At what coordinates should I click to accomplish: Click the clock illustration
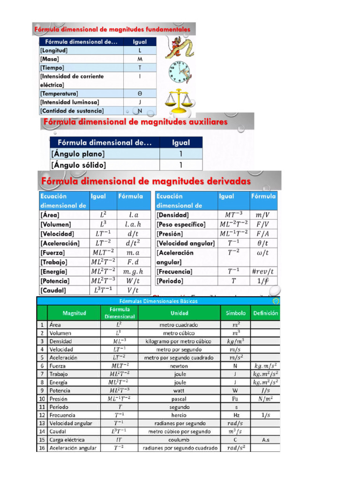tap(180, 72)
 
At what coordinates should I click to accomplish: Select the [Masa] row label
tap(49, 60)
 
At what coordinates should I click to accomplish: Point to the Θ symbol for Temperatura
tap(140, 93)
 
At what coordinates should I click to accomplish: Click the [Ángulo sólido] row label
tap(78, 165)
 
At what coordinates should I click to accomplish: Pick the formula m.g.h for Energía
tap(133, 271)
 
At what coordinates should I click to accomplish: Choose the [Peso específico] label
tap(181, 225)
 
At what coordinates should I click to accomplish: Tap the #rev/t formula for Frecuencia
tap(262, 271)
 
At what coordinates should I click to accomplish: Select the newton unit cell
tap(179, 366)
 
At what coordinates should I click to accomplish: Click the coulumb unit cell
tap(179, 440)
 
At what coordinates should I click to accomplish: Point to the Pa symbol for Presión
tap(235, 398)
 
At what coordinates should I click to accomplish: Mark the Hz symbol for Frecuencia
tap(235, 415)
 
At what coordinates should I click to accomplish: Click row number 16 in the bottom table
tap(42, 448)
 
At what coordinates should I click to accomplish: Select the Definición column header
tap(265, 313)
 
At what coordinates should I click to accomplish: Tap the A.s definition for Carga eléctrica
tap(265, 440)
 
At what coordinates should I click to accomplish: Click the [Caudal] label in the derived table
tap(53, 290)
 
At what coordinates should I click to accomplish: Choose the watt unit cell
tap(179, 390)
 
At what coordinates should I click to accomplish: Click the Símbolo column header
tap(235, 313)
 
